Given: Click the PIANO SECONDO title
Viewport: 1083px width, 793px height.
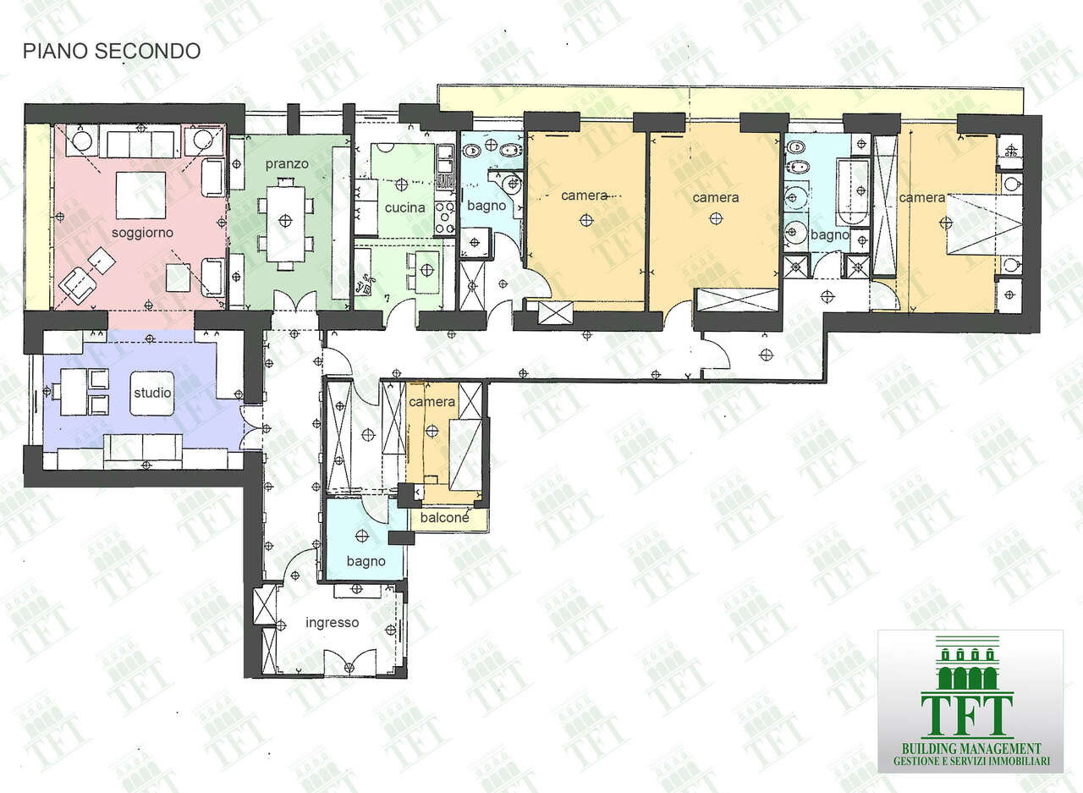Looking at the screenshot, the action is (112, 52).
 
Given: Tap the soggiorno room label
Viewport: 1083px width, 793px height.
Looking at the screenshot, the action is (142, 233).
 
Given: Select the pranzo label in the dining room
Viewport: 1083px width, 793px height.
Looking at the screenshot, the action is (287, 164).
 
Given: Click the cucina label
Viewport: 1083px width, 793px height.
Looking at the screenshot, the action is (404, 207).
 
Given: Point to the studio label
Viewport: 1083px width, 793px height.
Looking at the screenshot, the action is (152, 392).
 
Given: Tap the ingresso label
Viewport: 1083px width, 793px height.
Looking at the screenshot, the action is (333, 622).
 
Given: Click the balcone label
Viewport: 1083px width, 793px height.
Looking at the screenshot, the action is (444, 517).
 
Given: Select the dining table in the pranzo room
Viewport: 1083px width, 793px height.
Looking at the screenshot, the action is (286, 224).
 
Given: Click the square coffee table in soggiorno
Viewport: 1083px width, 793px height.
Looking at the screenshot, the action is (140, 195).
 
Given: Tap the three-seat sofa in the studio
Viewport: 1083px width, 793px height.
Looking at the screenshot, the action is (143, 451).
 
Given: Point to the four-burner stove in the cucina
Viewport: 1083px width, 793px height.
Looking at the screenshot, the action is (445, 218).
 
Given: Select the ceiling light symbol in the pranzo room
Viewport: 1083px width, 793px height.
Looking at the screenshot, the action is (286, 221).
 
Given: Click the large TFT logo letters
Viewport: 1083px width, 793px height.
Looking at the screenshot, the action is (967, 715).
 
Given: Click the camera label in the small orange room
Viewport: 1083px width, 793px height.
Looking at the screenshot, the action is (432, 402).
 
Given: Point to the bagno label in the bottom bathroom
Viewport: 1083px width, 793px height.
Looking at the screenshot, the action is (366, 562).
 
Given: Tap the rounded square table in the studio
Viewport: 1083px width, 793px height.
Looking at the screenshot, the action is (152, 393).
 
